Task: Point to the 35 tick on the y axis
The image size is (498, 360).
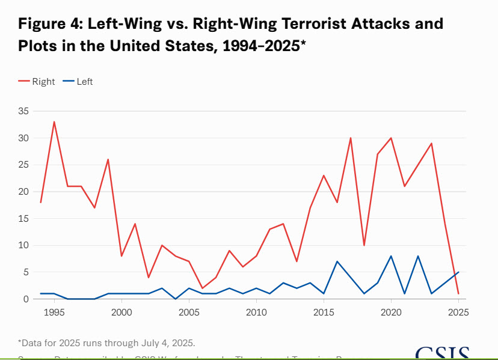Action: pos(23,111)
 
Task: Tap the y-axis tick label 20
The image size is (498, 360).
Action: pos(23,192)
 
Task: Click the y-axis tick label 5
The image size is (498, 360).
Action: pos(26,272)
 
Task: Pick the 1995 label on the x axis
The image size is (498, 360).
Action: pos(54,312)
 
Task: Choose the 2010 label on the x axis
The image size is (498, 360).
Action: pos(256,312)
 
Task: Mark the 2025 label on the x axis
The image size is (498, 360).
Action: pos(458,312)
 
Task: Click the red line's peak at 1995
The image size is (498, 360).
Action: pos(54,122)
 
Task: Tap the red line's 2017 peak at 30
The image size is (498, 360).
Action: pos(351,138)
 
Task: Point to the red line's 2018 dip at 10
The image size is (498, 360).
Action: pos(364,245)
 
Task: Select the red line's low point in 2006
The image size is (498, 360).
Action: pos(202,288)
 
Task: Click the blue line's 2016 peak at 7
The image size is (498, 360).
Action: pos(337,261)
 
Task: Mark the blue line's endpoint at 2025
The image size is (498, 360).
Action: pos(458,272)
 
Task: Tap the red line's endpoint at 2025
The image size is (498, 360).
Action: pos(458,293)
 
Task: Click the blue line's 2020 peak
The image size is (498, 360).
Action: pos(391,256)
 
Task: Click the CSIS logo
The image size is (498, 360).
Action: pos(441,353)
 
